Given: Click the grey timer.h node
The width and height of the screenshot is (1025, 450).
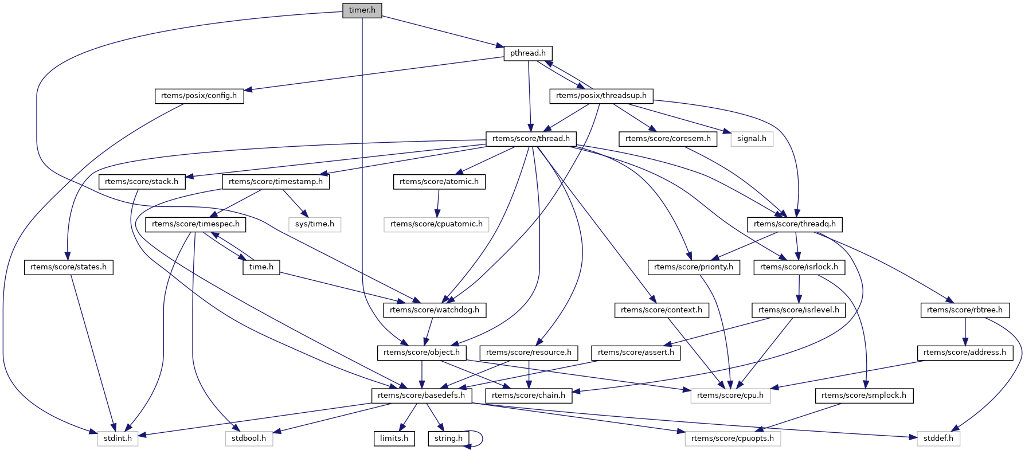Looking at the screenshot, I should point(362,10).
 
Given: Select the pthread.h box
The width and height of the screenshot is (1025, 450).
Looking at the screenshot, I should point(527,53).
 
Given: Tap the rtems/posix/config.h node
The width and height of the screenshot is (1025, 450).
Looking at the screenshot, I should point(199,96).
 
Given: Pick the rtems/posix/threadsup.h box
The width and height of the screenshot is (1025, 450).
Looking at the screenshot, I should point(601,96).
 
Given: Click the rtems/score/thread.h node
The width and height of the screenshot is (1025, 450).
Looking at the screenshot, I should point(531,139).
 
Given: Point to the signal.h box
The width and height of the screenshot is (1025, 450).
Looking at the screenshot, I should point(752,139).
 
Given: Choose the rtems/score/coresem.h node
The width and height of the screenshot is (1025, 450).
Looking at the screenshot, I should point(667,139).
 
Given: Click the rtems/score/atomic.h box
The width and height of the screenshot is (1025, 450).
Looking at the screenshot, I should point(439,182).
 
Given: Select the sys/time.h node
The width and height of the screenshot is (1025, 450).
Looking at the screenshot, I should point(314,224).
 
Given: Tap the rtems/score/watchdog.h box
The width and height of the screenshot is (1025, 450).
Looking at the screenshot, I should point(435,310).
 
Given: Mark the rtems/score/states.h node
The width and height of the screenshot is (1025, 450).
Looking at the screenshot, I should point(68,267).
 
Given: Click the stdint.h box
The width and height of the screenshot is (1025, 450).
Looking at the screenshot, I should point(117,439).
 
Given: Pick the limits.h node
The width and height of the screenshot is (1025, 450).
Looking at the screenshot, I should point(394,439).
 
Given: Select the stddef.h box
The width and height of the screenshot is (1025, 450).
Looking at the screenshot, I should point(938,439).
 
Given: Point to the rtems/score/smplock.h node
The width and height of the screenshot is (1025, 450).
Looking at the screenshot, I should point(863,396).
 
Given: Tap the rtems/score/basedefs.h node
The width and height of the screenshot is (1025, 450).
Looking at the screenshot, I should point(421,396).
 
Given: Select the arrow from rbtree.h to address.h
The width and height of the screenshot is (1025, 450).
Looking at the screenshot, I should point(965,331).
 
